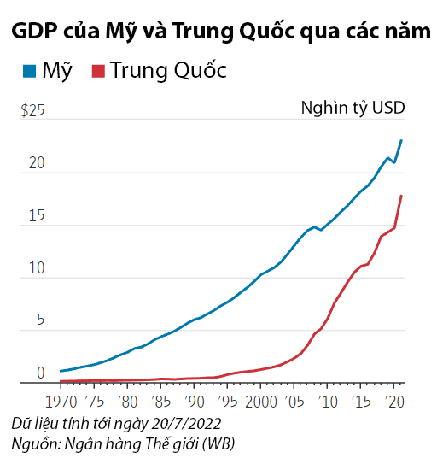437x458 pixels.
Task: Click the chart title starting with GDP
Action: click(x=218, y=32)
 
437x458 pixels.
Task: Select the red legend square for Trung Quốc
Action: click(x=98, y=71)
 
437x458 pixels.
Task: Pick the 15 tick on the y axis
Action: click(x=34, y=216)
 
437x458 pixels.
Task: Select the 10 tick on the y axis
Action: click(x=34, y=268)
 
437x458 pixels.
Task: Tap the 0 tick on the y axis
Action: click(x=38, y=373)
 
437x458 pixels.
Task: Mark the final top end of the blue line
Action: click(x=401, y=140)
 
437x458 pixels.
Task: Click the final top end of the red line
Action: click(x=401, y=196)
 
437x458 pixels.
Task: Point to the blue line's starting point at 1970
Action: click(x=61, y=371)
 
